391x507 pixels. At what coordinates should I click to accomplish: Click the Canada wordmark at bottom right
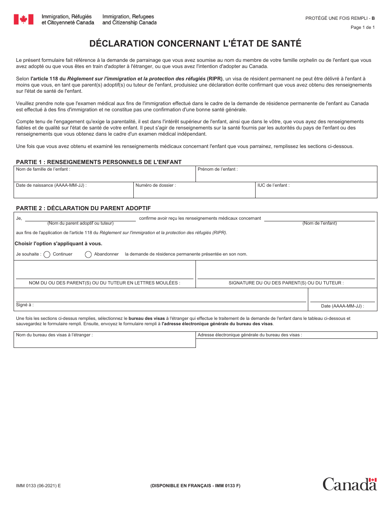pyautogui.click(x=349, y=484)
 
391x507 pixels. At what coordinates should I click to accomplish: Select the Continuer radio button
pyautogui.click(x=47, y=254)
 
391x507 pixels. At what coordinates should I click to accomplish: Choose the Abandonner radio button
pyautogui.click(x=88, y=254)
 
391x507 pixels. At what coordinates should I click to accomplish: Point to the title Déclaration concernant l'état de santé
pyautogui.click(x=195, y=44)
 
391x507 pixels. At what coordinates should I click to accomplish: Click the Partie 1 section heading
pyautogui.click(x=99, y=162)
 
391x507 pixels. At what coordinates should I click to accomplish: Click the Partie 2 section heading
pyautogui.click(x=83, y=208)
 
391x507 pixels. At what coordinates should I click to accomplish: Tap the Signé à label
pyautogui.click(x=25, y=305)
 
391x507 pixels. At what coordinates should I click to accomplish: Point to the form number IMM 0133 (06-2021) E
pyautogui.click(x=38, y=486)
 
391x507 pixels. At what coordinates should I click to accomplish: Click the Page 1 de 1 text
pyautogui.click(x=362, y=28)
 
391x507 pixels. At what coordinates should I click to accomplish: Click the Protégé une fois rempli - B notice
pyautogui.click(x=340, y=18)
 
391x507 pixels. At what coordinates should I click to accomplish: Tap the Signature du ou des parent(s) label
pyautogui.click(x=286, y=283)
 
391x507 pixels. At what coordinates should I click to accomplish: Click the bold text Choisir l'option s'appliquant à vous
pyautogui.click(x=58, y=244)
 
